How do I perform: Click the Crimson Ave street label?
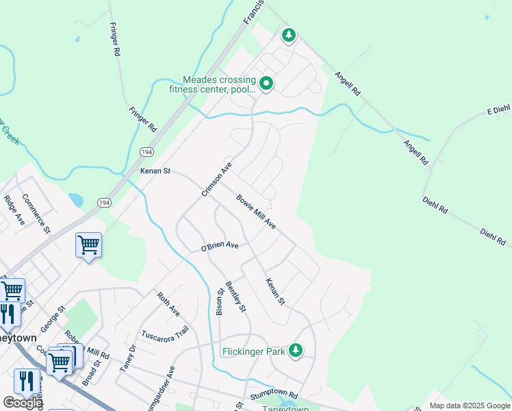(218, 179)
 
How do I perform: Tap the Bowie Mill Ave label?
(256, 212)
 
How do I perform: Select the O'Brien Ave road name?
(219, 246)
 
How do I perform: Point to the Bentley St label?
(237, 297)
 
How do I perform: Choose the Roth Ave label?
(168, 304)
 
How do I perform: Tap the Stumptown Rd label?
(273, 395)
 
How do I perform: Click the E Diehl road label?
(499, 110)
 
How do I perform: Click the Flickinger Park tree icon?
(296, 351)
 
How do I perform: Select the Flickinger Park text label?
(253, 352)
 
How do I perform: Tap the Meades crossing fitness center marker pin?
(266, 84)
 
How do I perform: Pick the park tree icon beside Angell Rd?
(289, 34)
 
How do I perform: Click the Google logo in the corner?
(23, 403)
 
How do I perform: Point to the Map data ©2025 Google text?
(469, 406)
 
